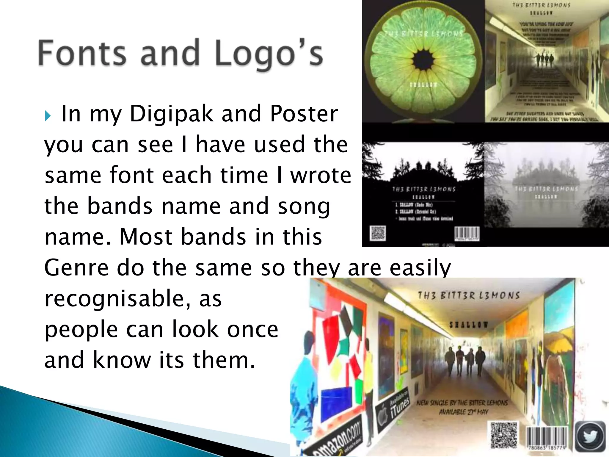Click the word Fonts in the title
(82, 53)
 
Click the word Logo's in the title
(269, 54)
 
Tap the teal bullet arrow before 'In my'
(48, 116)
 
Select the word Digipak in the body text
(172, 114)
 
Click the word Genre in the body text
(76, 267)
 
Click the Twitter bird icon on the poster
(591, 436)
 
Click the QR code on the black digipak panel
(378, 233)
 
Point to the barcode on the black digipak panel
(467, 234)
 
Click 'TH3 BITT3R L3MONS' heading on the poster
(469, 295)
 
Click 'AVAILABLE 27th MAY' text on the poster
(464, 412)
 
